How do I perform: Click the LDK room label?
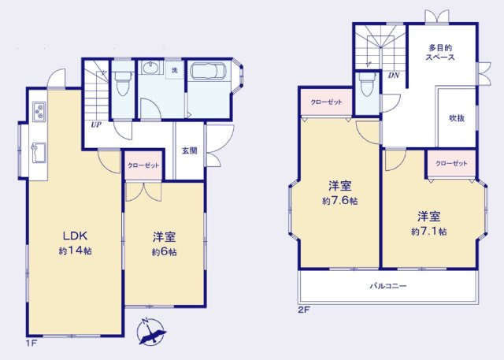pyautogui.click(x=75, y=236)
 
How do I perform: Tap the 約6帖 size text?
pyautogui.click(x=165, y=251)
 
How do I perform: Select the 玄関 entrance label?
pyautogui.click(x=190, y=150)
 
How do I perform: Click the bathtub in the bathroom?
pyautogui.click(x=209, y=71)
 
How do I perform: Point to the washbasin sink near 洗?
pyautogui.click(x=150, y=68)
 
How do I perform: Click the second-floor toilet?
pyautogui.click(x=368, y=84)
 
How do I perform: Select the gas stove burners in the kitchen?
pyautogui.click(x=39, y=112)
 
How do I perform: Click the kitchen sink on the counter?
pyautogui.click(x=39, y=153)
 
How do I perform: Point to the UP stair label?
pyautogui.click(x=96, y=124)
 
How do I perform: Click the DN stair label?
pyautogui.click(x=394, y=76)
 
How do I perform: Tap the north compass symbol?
pyautogui.click(x=151, y=332)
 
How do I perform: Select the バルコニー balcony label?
pyautogui.click(x=388, y=286)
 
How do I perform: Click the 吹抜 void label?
pyautogui.click(x=457, y=118)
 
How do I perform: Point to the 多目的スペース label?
pyautogui.click(x=440, y=53)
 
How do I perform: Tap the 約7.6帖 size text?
pyautogui.click(x=339, y=201)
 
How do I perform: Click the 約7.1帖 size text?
pyautogui.click(x=428, y=232)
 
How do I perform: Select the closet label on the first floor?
pyautogui.click(x=143, y=165)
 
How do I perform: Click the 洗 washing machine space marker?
pyautogui.click(x=175, y=70)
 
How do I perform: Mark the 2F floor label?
pyautogui.click(x=304, y=310)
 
